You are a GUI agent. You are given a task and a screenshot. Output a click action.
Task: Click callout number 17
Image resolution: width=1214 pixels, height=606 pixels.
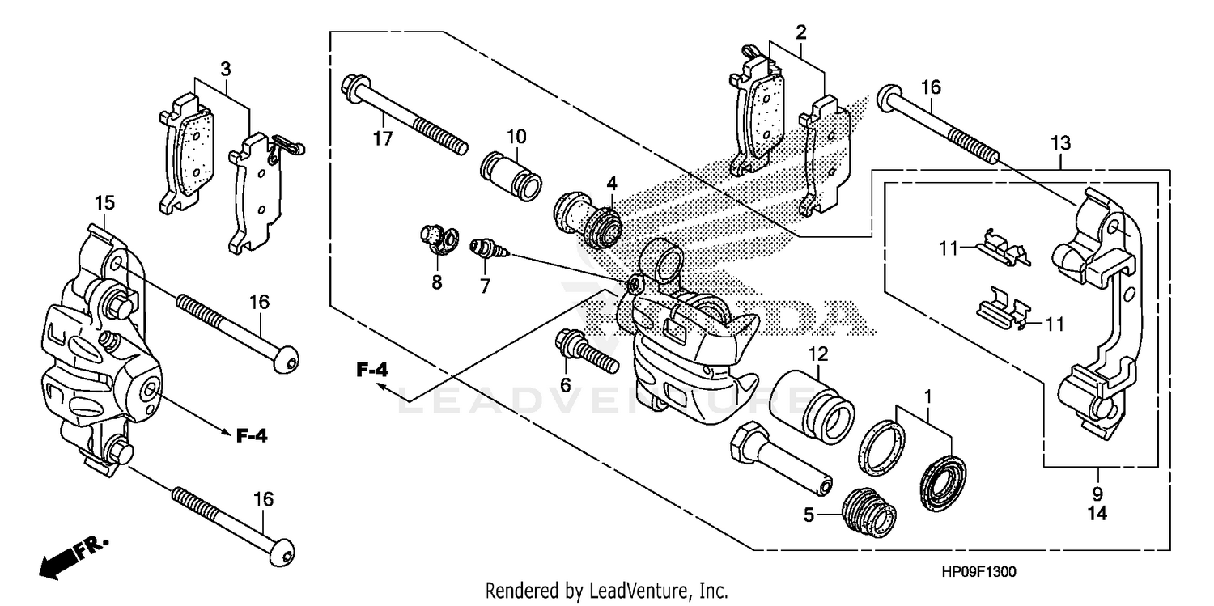pyautogui.click(x=382, y=139)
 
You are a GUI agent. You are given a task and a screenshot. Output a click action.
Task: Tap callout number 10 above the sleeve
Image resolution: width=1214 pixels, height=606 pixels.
pyautogui.click(x=516, y=134)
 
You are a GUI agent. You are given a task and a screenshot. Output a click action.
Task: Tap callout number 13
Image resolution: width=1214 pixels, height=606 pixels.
pyautogui.click(x=1061, y=144)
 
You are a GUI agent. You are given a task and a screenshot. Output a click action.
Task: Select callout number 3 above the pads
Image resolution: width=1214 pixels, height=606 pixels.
pyautogui.click(x=225, y=69)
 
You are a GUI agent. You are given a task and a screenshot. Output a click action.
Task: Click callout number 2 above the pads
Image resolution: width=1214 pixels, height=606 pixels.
pyautogui.click(x=800, y=32)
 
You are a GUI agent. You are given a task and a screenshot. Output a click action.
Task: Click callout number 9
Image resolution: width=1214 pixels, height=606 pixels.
pyautogui.click(x=1097, y=494)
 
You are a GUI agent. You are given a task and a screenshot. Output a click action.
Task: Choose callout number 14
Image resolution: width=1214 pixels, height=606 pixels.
pyautogui.click(x=1097, y=513)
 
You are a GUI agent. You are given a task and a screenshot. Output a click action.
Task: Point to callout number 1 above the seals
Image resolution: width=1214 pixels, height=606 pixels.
pyautogui.click(x=928, y=397)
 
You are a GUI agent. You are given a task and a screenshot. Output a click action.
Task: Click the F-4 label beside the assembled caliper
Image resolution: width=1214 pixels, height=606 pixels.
pyautogui.click(x=252, y=436)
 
